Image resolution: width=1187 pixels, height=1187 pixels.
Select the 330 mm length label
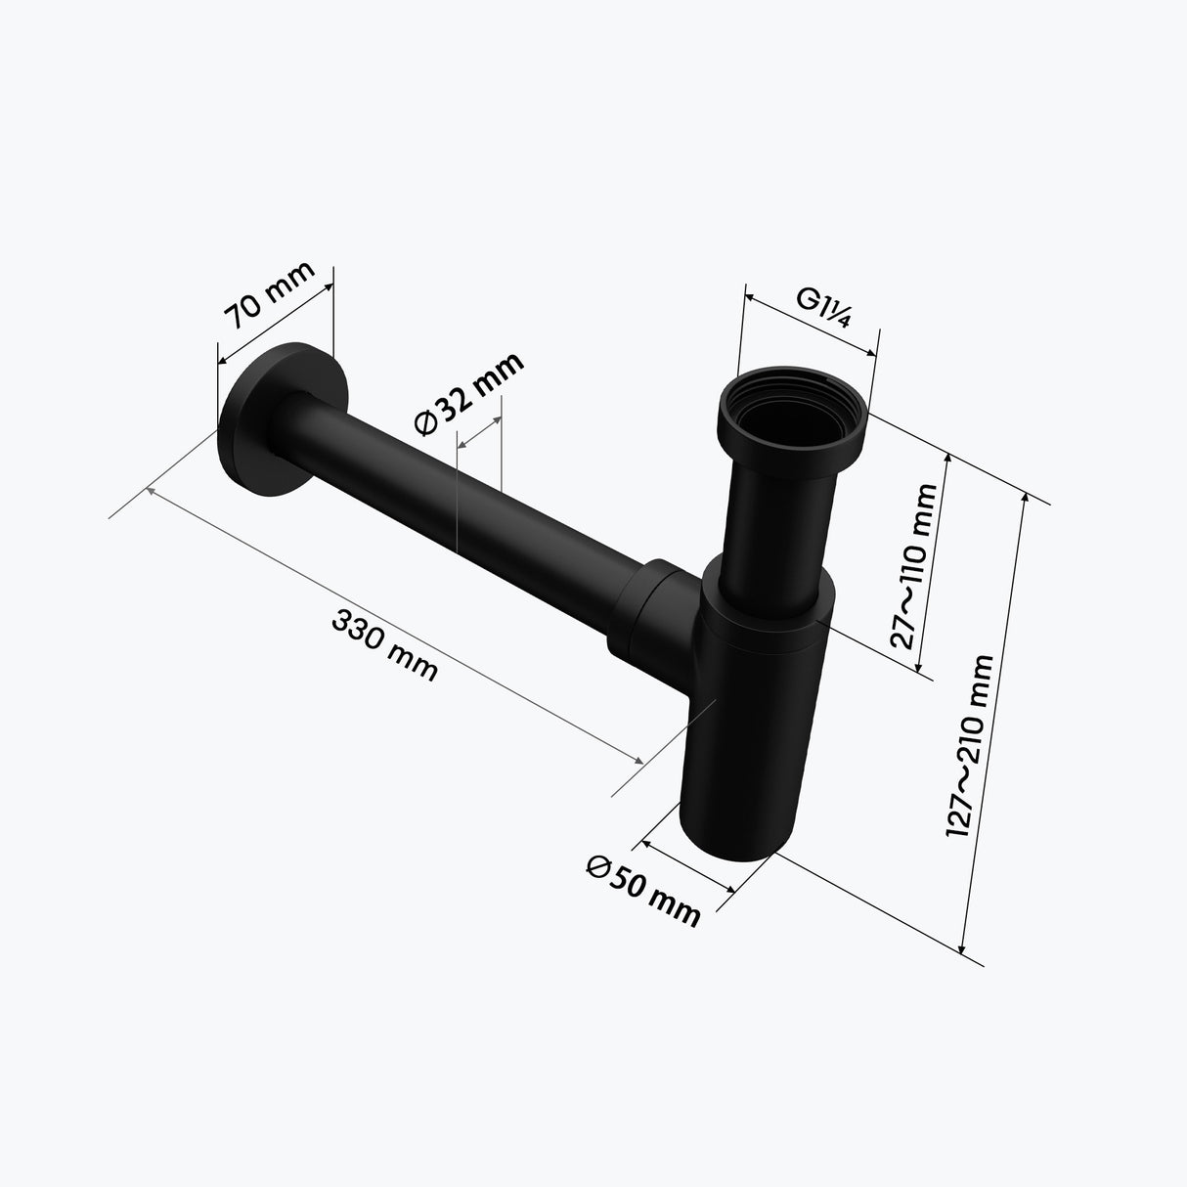coord(385,645)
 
